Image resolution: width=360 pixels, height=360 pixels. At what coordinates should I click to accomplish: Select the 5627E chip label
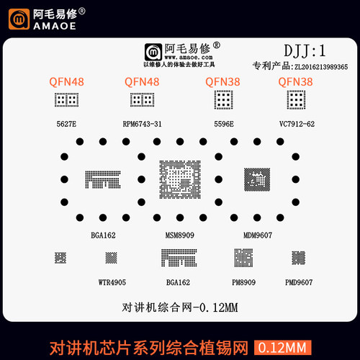pyautogui.click(x=66, y=124)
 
